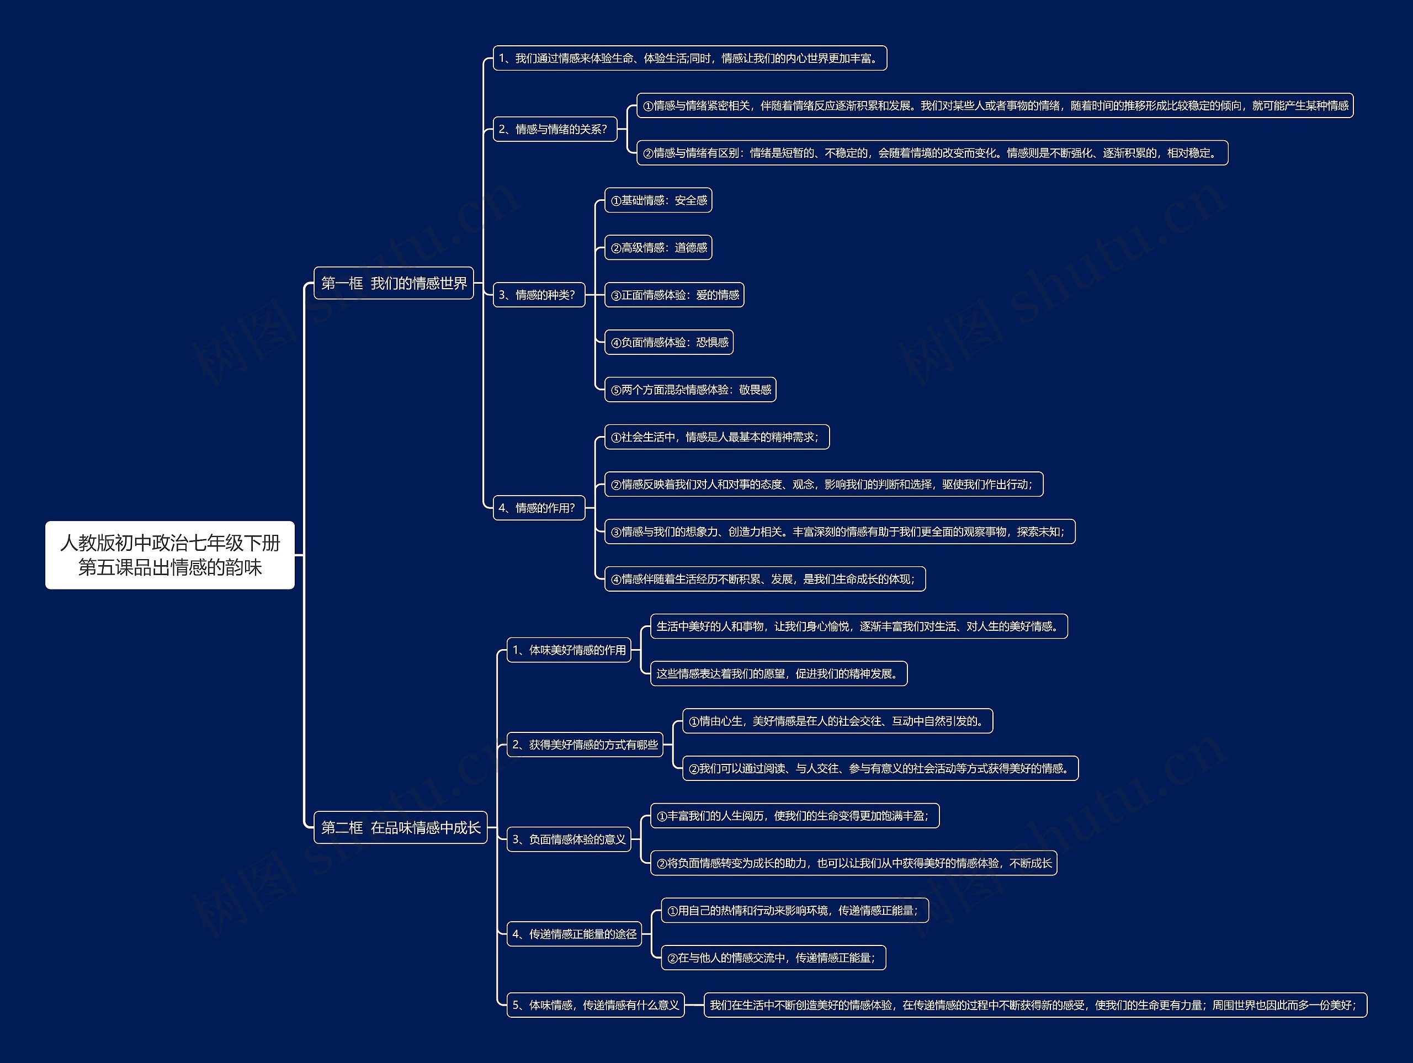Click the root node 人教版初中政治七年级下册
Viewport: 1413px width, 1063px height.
click(170, 555)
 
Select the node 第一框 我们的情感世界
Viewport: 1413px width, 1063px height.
click(394, 283)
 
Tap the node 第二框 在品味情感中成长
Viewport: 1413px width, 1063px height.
click(401, 827)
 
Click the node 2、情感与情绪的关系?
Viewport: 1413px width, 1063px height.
click(555, 129)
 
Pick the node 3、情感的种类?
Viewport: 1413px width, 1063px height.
click(539, 295)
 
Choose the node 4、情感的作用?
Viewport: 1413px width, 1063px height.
click(539, 508)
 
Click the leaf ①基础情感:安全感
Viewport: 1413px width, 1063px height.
click(658, 200)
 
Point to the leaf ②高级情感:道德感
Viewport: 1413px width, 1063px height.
click(658, 248)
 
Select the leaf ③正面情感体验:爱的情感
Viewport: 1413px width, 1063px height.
click(674, 295)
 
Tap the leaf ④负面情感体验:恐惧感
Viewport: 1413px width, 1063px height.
click(669, 342)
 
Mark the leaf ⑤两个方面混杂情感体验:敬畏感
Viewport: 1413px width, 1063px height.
click(690, 390)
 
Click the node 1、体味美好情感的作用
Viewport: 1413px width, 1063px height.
click(569, 650)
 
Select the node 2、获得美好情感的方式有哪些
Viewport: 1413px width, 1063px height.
click(585, 744)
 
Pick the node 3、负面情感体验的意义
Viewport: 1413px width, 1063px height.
click(569, 839)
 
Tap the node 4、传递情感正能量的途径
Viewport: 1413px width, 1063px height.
click(573, 934)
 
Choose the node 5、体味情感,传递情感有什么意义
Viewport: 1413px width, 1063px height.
click(596, 1005)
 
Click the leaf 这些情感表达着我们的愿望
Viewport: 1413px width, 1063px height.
click(779, 673)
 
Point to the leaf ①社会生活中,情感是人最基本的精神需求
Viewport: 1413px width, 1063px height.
click(717, 437)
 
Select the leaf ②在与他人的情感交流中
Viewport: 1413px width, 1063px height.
click(773, 958)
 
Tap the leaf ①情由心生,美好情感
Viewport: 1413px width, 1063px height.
click(837, 721)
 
